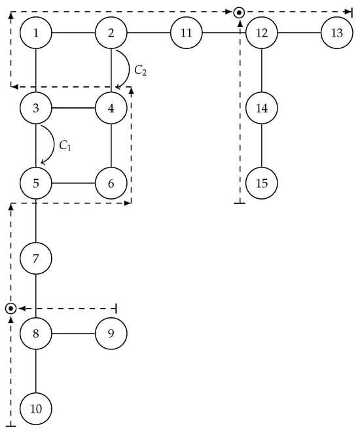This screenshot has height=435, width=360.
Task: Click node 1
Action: pyautogui.click(x=36, y=33)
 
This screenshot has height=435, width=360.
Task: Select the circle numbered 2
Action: pyautogui.click(x=111, y=33)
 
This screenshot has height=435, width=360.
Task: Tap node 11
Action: pyautogui.click(x=187, y=33)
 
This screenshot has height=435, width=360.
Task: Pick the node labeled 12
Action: pyautogui.click(x=262, y=33)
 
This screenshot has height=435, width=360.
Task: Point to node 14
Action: pyautogui.click(x=262, y=108)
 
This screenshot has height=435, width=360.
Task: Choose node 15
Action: pyautogui.click(x=262, y=183)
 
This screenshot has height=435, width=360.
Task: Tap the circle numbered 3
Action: pyautogui.click(x=36, y=108)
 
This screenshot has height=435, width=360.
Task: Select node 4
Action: pyautogui.click(x=111, y=108)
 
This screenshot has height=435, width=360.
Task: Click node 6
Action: pyautogui.click(x=111, y=183)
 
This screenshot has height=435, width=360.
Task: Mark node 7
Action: pyautogui.click(x=36, y=258)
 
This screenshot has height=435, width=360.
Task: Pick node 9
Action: pyautogui.click(x=111, y=334)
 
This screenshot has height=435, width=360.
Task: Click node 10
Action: pyautogui.click(x=36, y=409)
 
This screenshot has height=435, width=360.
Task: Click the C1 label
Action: pyautogui.click(x=65, y=146)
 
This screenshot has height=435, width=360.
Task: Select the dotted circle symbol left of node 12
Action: pyautogui.click(x=240, y=12)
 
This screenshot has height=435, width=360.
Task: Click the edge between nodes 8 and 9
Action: pyautogui.click(x=73, y=334)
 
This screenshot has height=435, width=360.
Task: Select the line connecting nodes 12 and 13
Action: pyautogui.click(x=299, y=33)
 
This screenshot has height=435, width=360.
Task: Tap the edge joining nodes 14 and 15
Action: pyautogui.click(x=262, y=145)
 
